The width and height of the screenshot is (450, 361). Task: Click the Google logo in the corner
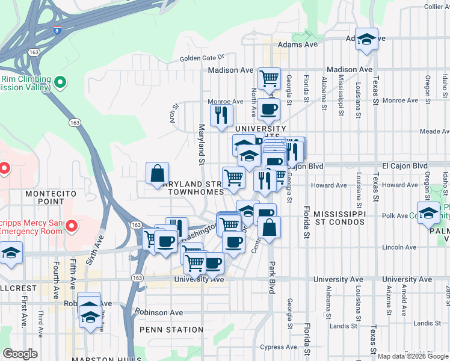pos(20,354)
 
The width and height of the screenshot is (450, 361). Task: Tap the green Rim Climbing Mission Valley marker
pos(60,82)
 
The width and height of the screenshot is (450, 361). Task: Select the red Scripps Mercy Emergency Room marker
pos(72,226)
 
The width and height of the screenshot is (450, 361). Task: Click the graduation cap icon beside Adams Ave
pos(366,39)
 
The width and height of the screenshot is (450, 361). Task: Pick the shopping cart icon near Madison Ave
pos(269,78)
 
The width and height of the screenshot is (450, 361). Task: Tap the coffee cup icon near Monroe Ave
pos(268,110)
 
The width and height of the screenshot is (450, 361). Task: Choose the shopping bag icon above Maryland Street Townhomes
pos(157,173)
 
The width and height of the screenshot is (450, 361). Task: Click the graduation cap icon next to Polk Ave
pos(428,214)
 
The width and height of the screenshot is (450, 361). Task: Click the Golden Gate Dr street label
pos(202,58)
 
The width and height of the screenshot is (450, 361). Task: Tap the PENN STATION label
pos(171,330)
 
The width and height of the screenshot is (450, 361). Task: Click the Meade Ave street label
pos(434,131)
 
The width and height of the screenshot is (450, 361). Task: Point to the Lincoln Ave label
pos(396,247)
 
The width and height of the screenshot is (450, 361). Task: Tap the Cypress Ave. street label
pos(280,347)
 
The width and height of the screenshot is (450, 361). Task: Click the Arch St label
pos(175,114)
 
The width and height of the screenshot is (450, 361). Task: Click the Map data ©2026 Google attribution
pos(412,356)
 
